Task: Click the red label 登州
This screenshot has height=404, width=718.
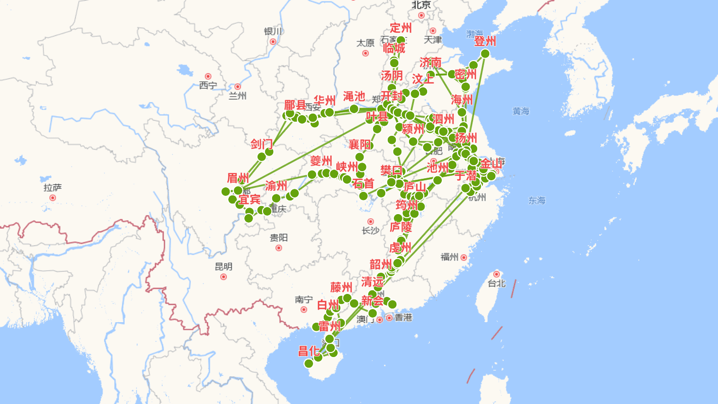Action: pyautogui.click(x=486, y=41)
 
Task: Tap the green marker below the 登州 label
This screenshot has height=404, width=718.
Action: pyautogui.click(x=485, y=54)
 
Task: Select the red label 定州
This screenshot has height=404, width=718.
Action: pyautogui.click(x=401, y=28)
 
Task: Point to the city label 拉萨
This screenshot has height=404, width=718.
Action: pyautogui.click(x=53, y=188)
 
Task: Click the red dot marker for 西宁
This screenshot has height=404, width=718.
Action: pyautogui.click(x=208, y=76)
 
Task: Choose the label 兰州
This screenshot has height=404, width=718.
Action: pyautogui.click(x=237, y=96)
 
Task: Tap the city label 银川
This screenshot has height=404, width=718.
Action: pyautogui.click(x=273, y=31)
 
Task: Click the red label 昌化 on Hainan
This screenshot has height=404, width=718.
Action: pyautogui.click(x=309, y=351)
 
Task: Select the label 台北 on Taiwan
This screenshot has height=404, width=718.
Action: pyautogui.click(x=496, y=283)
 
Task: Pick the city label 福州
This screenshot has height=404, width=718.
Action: pyautogui.click(x=449, y=257)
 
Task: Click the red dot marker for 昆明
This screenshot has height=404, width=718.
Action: pyautogui.click(x=224, y=277)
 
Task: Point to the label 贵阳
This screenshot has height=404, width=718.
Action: pyautogui.click(x=278, y=237)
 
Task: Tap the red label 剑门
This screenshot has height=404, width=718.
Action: pyautogui.click(x=262, y=144)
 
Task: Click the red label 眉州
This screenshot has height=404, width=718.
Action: pyautogui.click(x=238, y=178)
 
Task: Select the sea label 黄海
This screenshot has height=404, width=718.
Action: pyautogui.click(x=521, y=111)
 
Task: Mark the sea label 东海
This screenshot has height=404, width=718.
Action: pyautogui.click(x=537, y=200)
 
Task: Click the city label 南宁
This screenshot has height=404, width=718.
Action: pyautogui.click(x=303, y=300)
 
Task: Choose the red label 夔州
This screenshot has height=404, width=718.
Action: pyautogui.click(x=321, y=161)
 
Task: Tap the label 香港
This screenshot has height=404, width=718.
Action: pyautogui.click(x=403, y=318)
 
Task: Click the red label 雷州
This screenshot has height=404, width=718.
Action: pyautogui.click(x=330, y=326)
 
